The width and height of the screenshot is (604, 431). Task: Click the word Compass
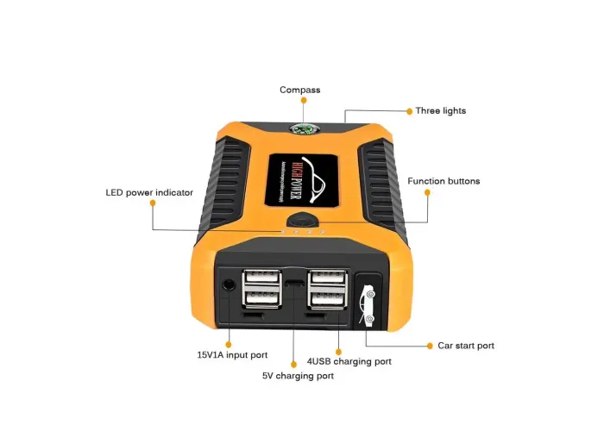tap(299, 90)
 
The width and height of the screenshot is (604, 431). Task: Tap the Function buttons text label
tap(444, 181)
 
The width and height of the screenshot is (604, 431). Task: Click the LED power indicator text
tap(149, 192)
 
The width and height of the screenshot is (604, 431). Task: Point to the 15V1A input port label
tap(232, 354)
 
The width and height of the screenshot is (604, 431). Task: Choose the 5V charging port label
tap(298, 376)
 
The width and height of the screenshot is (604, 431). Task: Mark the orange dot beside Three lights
tap(408, 111)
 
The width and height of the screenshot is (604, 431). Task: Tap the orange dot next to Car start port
tap(429, 346)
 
